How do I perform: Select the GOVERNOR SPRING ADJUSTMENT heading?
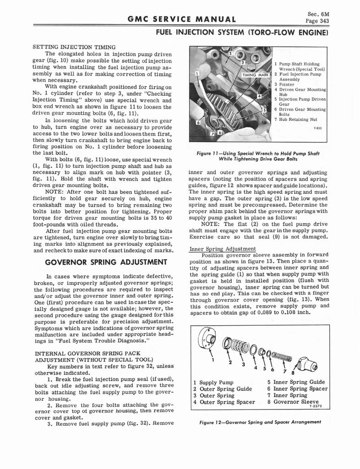pyautogui.click(x=102, y=262)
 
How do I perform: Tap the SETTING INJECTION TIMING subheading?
pyautogui.click(x=73, y=47)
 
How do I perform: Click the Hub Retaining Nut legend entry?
pyautogui.click(x=298, y=119)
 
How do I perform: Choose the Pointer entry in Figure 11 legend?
pyautogui.click(x=287, y=84)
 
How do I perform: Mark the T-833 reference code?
pyautogui.click(x=317, y=128)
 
